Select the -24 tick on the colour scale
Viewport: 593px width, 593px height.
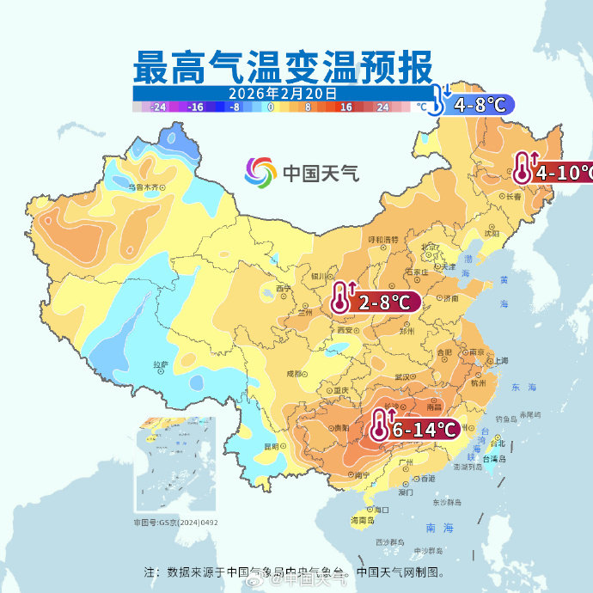click(x=158, y=107)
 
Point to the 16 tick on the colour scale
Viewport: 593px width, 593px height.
click(x=346, y=107)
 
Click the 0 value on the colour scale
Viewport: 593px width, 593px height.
click(x=271, y=107)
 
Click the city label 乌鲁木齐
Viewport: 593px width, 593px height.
click(x=144, y=186)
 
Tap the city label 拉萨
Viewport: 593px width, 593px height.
click(x=160, y=364)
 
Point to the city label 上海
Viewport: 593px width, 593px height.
click(x=499, y=360)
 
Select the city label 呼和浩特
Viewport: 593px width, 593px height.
click(x=382, y=239)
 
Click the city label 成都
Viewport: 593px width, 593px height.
click(x=294, y=374)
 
